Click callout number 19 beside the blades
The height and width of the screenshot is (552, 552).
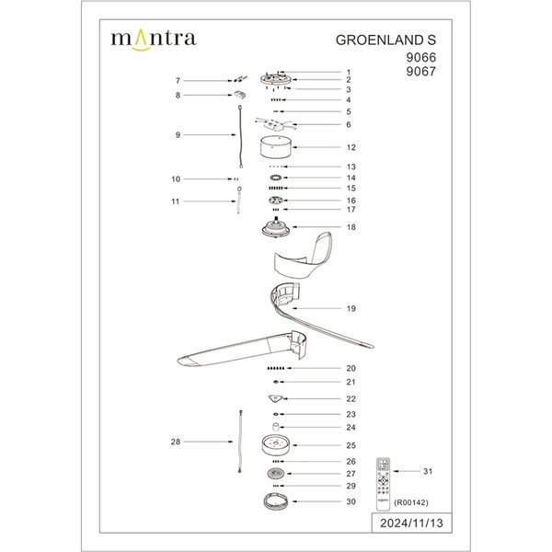pos(351,309)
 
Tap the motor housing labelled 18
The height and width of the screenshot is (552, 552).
pos(275,227)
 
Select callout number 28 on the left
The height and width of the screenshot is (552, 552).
pos(177,443)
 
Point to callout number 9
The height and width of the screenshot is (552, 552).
pos(178,135)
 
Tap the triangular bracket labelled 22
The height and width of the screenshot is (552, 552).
pos(276,398)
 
